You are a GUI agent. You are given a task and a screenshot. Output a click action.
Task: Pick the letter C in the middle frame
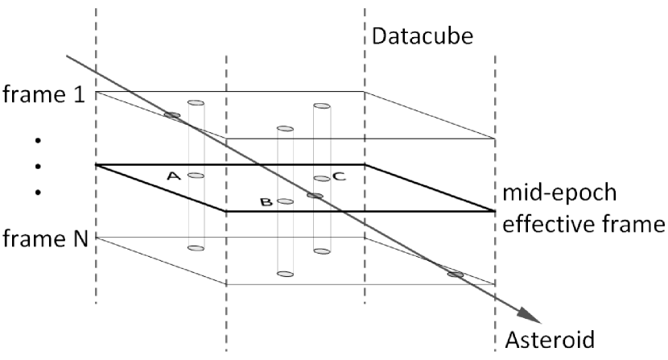339,176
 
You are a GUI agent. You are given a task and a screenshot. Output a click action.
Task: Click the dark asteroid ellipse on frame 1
171,115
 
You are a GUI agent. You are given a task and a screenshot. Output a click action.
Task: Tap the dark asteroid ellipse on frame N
456,275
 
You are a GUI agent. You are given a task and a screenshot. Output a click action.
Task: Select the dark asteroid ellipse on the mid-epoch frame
315,196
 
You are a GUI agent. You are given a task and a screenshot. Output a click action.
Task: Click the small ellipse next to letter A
196,175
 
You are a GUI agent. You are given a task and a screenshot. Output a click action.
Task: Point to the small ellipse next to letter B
284,201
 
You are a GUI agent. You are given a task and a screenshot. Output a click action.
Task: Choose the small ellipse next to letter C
321,178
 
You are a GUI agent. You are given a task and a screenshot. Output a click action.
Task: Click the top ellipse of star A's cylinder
196,103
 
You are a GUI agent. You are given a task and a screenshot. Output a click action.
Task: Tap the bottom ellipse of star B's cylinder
284,274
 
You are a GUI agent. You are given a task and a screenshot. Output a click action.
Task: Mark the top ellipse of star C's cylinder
321,106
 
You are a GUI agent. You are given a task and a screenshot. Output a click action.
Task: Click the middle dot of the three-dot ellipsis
37,166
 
